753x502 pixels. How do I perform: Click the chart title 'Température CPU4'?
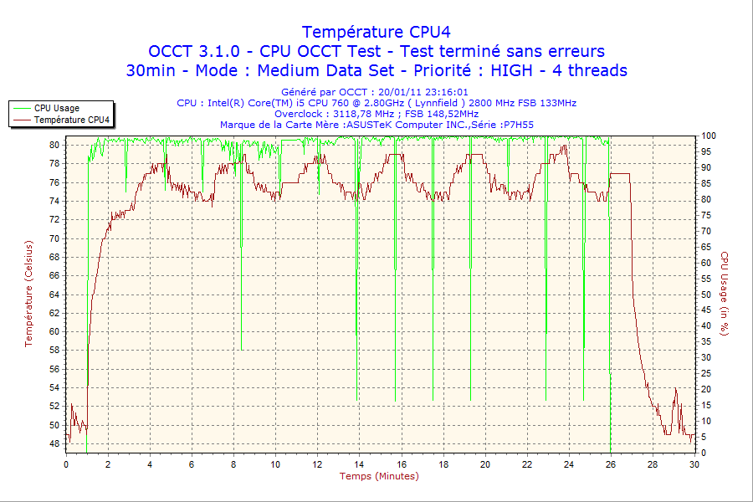click(x=376, y=32)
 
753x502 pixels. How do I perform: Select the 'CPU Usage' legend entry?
click(x=57, y=109)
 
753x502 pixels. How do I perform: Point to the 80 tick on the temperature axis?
click(x=54, y=145)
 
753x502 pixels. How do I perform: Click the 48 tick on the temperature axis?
click(x=54, y=443)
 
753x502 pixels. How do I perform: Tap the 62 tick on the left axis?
click(x=54, y=313)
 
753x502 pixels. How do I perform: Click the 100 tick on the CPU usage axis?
click(x=708, y=136)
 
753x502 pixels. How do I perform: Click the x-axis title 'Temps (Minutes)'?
click(x=379, y=476)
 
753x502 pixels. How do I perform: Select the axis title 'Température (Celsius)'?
click(x=29, y=293)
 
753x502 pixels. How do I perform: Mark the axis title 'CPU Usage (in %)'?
click(x=725, y=293)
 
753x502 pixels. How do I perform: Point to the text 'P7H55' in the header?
click(x=518, y=125)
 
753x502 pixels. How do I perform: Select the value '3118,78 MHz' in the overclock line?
click(x=364, y=114)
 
